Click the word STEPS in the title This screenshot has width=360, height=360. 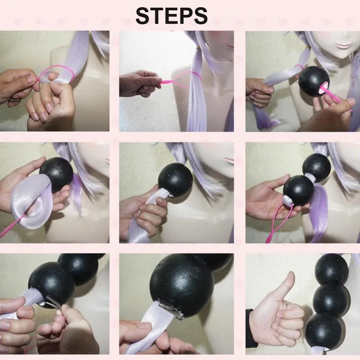[171, 16]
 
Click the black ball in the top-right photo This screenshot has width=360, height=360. [314, 79]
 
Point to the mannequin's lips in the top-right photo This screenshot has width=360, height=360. [344, 44]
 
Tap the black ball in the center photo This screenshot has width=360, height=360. [175, 180]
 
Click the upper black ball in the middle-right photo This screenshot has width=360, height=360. [317, 166]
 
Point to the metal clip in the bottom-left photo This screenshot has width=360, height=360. [53, 302]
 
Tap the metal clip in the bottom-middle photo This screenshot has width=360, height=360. [174, 310]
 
